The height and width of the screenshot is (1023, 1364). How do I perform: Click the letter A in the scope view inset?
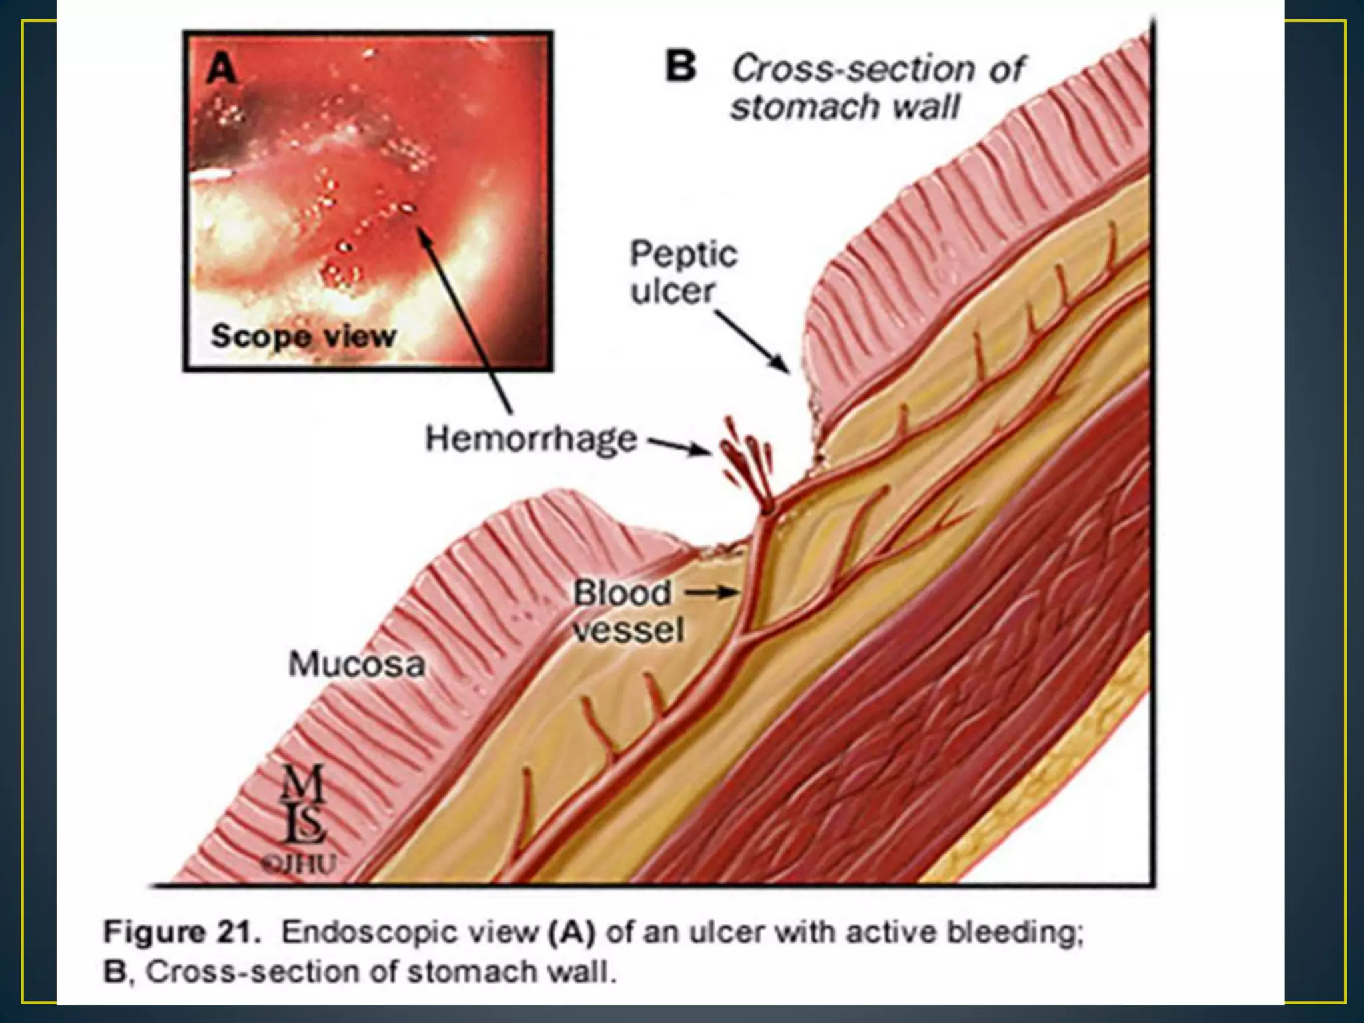pos(222,69)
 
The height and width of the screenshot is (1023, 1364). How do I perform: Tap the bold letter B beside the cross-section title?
pos(681,67)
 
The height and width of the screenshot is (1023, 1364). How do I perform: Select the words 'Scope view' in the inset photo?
pos(303,336)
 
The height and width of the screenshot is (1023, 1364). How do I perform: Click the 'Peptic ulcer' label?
pos(683,273)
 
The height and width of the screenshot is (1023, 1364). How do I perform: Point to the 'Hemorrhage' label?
pos(531,440)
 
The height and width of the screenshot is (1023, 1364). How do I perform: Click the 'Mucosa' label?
pos(356,665)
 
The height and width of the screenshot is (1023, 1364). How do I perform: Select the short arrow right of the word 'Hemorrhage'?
pos(679,446)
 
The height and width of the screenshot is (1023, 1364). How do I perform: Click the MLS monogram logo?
pos(303,803)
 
